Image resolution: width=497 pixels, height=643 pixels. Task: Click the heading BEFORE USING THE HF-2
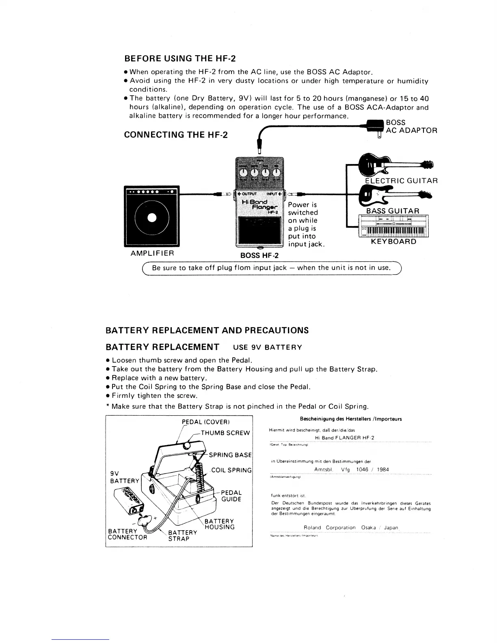click(x=179, y=58)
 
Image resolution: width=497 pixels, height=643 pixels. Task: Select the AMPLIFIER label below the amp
click(x=152, y=253)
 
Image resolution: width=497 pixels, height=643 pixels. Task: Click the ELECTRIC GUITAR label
click(x=401, y=181)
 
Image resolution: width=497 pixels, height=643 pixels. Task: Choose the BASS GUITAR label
click(x=393, y=211)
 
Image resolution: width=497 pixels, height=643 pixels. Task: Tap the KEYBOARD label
click(x=393, y=242)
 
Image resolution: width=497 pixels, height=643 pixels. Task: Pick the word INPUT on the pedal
click(x=272, y=193)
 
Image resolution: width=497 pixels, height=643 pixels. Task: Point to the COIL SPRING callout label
click(x=231, y=470)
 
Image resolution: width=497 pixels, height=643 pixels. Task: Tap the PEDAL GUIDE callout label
click(x=231, y=496)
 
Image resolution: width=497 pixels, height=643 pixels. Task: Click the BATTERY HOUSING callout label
click(x=219, y=524)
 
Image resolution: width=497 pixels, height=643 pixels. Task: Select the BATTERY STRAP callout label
click(x=182, y=535)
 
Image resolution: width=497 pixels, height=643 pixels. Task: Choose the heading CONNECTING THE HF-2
click(x=175, y=135)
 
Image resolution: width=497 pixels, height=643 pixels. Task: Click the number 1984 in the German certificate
click(x=382, y=470)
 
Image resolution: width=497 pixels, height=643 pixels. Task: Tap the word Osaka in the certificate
click(x=370, y=528)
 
